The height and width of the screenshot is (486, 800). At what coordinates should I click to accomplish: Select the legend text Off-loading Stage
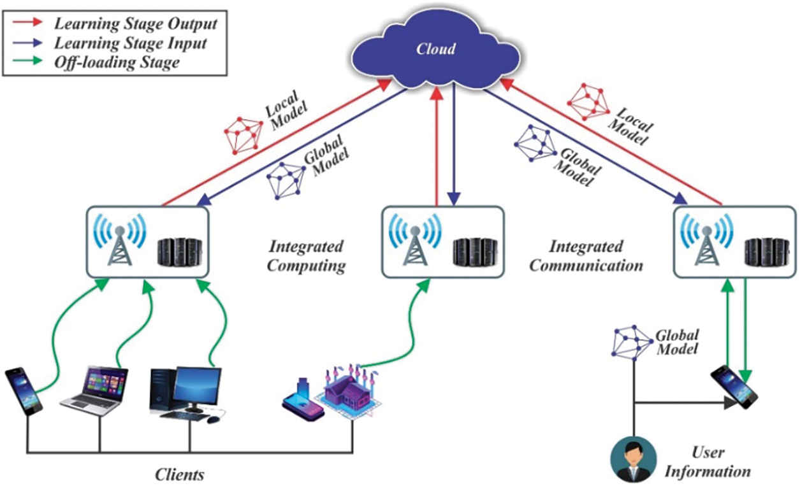117,62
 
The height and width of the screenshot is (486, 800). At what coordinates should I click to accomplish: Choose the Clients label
179,475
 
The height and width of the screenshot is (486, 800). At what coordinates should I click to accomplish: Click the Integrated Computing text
305,256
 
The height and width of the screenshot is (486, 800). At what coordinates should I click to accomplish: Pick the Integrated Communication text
586,256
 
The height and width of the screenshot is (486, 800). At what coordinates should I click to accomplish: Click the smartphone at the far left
24,390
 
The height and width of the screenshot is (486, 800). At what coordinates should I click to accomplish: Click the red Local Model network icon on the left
244,134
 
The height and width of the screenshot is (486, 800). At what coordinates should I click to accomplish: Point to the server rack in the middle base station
475,252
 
